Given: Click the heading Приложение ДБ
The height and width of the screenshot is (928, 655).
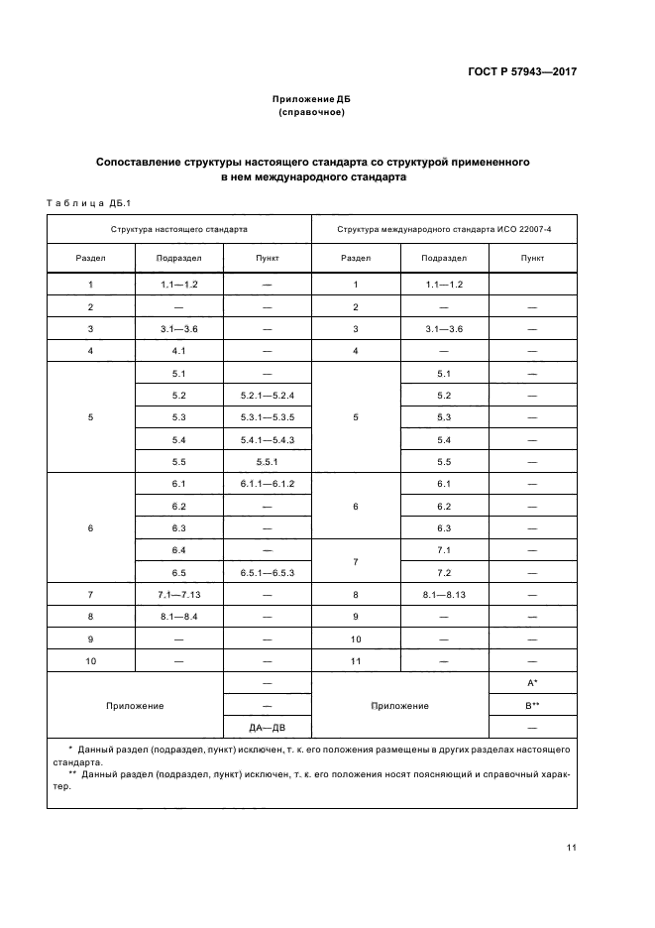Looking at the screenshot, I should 312,100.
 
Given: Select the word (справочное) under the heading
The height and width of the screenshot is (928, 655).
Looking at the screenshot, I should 312,113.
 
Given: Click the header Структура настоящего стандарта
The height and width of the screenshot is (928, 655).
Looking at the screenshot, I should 179,228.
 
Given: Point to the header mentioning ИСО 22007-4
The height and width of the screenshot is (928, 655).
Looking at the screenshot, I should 444,228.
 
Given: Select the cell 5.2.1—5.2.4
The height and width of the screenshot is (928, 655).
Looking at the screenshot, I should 267,396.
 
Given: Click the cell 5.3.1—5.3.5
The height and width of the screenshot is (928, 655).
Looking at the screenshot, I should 267,417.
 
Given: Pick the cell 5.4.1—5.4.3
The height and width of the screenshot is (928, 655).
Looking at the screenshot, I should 267,439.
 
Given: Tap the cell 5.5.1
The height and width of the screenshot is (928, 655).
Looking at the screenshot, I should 267,462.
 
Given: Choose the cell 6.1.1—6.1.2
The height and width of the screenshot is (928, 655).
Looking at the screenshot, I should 267,484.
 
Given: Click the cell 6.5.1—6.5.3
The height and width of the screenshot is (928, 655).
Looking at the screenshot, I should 267,572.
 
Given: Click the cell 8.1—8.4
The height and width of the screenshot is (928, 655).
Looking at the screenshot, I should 179,617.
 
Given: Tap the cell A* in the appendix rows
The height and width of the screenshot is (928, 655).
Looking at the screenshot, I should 533,683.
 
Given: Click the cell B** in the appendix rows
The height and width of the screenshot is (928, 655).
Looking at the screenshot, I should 533,705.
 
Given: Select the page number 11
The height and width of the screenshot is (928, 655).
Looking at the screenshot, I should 572,847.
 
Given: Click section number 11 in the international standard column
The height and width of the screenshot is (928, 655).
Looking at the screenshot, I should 356,660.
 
